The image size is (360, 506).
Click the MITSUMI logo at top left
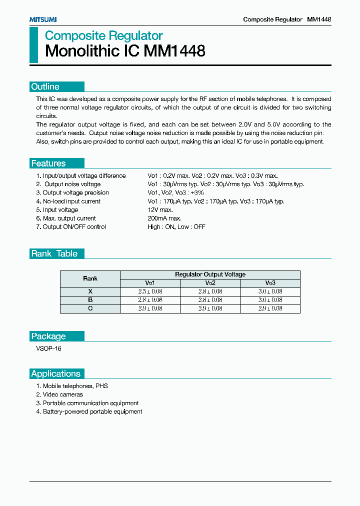(x=42, y=19)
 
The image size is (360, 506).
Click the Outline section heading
(x=45, y=87)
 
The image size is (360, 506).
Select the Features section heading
(x=48, y=163)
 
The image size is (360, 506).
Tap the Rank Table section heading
(x=54, y=253)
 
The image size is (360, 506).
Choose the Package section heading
(x=48, y=336)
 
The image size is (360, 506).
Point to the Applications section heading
(x=55, y=373)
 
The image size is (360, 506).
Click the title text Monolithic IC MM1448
(x=125, y=51)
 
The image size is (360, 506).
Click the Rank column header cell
(x=90, y=278)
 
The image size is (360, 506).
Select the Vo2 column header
(x=210, y=282)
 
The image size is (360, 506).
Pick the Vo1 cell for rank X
(x=150, y=291)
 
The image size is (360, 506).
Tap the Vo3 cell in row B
(x=270, y=300)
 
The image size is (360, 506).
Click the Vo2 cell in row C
(x=210, y=308)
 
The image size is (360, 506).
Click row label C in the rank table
(x=90, y=308)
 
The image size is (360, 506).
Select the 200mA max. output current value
(x=164, y=218)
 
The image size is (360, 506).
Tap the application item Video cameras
(x=62, y=394)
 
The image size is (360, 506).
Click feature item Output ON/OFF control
(x=74, y=227)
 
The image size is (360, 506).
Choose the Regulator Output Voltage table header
(x=210, y=274)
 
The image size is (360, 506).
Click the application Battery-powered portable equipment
(x=92, y=411)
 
